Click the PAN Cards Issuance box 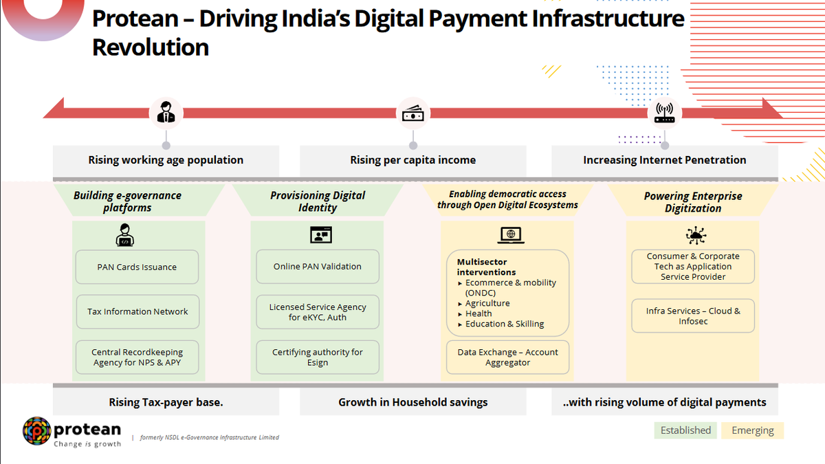point(137,267)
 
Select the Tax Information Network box point(137,311)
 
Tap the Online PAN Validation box point(318,267)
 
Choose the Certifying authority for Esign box point(318,357)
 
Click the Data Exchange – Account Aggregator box point(507,357)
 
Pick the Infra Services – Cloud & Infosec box point(693,316)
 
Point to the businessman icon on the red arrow point(166,112)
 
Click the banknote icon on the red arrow point(413,113)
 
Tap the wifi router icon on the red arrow point(664,113)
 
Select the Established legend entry point(685,430)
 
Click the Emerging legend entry point(752,430)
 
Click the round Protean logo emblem point(37,431)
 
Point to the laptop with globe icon point(511,235)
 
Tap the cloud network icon point(696,235)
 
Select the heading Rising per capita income point(413,160)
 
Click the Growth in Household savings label point(413,402)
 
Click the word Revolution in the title point(151,47)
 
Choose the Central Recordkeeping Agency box point(137,357)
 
